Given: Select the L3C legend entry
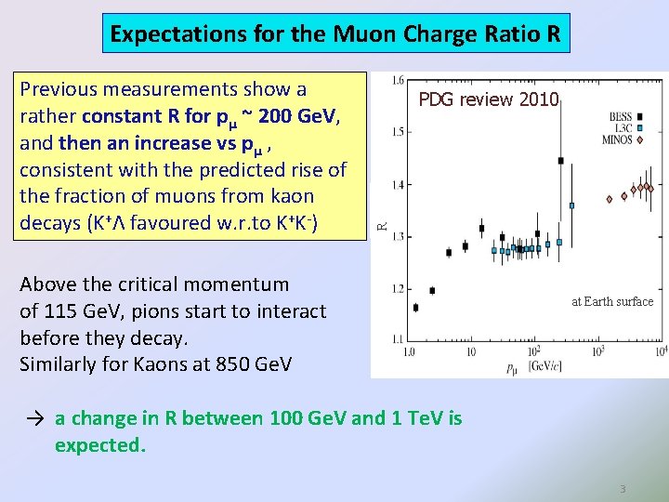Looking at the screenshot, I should [x=622, y=128].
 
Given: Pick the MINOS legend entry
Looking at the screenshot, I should [x=618, y=140].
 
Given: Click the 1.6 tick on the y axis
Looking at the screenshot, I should [x=396, y=79].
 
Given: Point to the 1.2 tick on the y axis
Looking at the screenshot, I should [x=396, y=289].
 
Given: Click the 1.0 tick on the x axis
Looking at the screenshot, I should [x=409, y=352].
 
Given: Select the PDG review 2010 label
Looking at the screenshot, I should [x=488, y=99].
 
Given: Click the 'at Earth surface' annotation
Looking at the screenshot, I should [x=612, y=301].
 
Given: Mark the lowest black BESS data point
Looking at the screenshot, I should [x=415, y=307].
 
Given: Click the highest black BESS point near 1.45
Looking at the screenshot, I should [x=560, y=161].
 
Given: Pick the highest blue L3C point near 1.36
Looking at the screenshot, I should [x=571, y=205].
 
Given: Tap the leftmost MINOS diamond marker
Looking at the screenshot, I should [x=610, y=198].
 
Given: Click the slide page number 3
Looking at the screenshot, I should [x=623, y=488].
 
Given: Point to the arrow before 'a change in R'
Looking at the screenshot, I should [x=33, y=418].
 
